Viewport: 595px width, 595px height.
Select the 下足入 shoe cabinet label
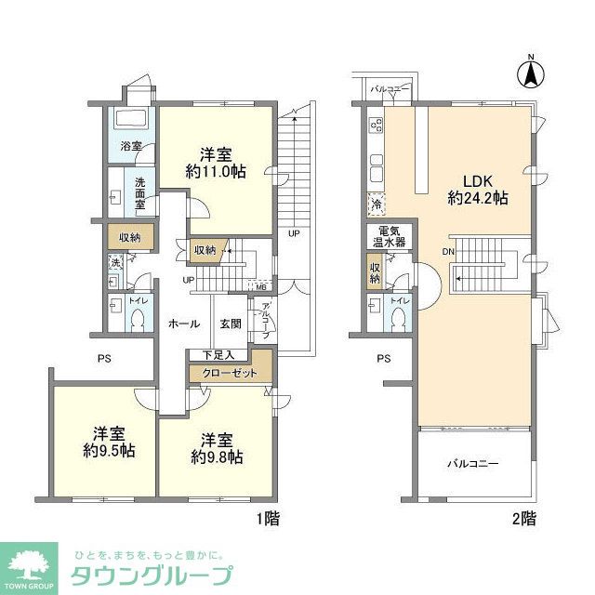coord(218,354)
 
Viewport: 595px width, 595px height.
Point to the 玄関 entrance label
coord(231,324)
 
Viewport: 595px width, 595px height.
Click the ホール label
coord(183,324)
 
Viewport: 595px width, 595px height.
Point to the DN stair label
coord(447,252)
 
